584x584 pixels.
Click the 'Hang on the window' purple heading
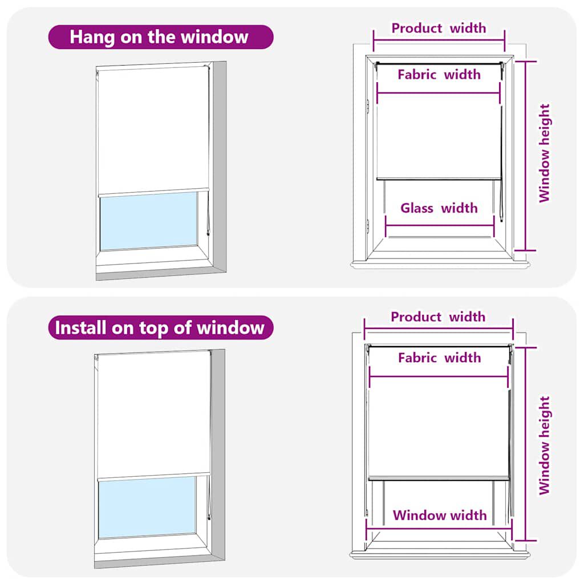[159, 37]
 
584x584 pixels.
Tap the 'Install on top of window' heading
[160, 328]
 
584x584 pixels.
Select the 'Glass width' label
[439, 208]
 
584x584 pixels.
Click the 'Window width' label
[439, 516]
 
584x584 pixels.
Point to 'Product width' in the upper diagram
[439, 28]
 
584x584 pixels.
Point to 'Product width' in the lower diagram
[438, 317]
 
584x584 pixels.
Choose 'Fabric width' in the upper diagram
[439, 74]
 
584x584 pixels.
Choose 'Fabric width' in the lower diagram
[439, 358]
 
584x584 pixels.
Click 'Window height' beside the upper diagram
[545, 153]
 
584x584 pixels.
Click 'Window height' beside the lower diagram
[545, 445]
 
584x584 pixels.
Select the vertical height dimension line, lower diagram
[525, 443]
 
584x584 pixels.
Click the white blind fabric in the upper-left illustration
[153, 128]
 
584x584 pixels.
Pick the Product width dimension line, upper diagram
[439, 40]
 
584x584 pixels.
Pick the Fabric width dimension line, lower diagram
[439, 376]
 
